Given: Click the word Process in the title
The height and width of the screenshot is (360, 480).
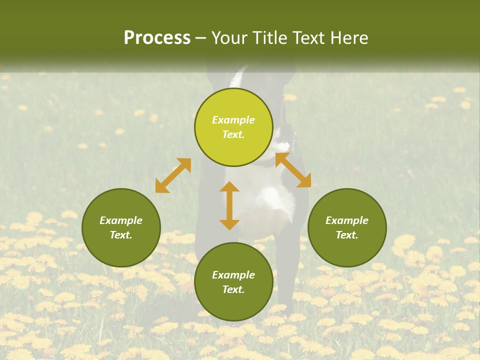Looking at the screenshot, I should click(x=157, y=38).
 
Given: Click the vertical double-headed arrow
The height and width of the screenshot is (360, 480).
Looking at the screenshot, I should click(x=229, y=206).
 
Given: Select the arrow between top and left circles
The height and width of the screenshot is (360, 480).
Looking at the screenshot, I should click(x=173, y=175).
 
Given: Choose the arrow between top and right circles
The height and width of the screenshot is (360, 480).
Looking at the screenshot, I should click(x=293, y=170).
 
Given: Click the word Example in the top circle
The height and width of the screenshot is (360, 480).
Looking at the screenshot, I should click(x=233, y=120).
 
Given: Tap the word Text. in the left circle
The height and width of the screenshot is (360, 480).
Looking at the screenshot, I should click(x=121, y=235).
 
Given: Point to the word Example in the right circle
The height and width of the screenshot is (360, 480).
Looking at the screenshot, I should click(x=347, y=220).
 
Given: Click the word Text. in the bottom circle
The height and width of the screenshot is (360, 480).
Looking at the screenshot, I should click(x=233, y=289).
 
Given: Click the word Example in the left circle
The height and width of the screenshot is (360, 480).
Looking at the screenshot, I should click(x=121, y=220).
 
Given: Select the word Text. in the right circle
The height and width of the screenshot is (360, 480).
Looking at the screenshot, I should click(x=347, y=235).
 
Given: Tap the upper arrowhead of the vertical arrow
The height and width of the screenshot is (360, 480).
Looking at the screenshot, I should click(x=229, y=187).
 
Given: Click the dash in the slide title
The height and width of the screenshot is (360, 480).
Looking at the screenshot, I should click(x=201, y=38).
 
